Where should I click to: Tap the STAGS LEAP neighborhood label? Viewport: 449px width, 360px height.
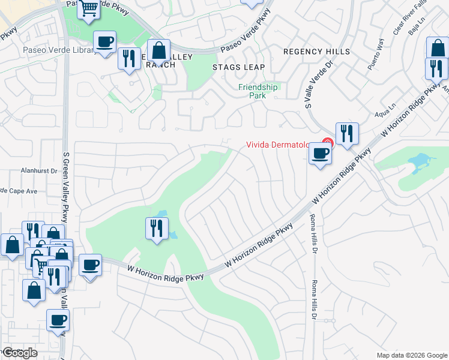tap(238, 67)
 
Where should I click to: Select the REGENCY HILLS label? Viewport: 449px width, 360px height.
tap(316, 52)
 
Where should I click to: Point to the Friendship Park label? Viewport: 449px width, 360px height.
tap(258, 91)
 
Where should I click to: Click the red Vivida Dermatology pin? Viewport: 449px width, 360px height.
tap(327, 143)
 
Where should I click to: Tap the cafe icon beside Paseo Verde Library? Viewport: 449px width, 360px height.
tap(106, 43)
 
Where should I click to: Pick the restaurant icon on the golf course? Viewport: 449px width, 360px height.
tap(157, 229)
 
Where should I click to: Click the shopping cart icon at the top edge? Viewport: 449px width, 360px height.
tap(89, 9)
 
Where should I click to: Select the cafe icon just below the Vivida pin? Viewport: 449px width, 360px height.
tap(320, 154)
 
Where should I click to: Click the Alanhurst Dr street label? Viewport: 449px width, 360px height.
tap(37, 170)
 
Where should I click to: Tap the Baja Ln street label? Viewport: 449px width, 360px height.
tap(417, 25)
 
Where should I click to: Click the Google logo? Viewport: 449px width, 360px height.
tap(19, 353)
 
